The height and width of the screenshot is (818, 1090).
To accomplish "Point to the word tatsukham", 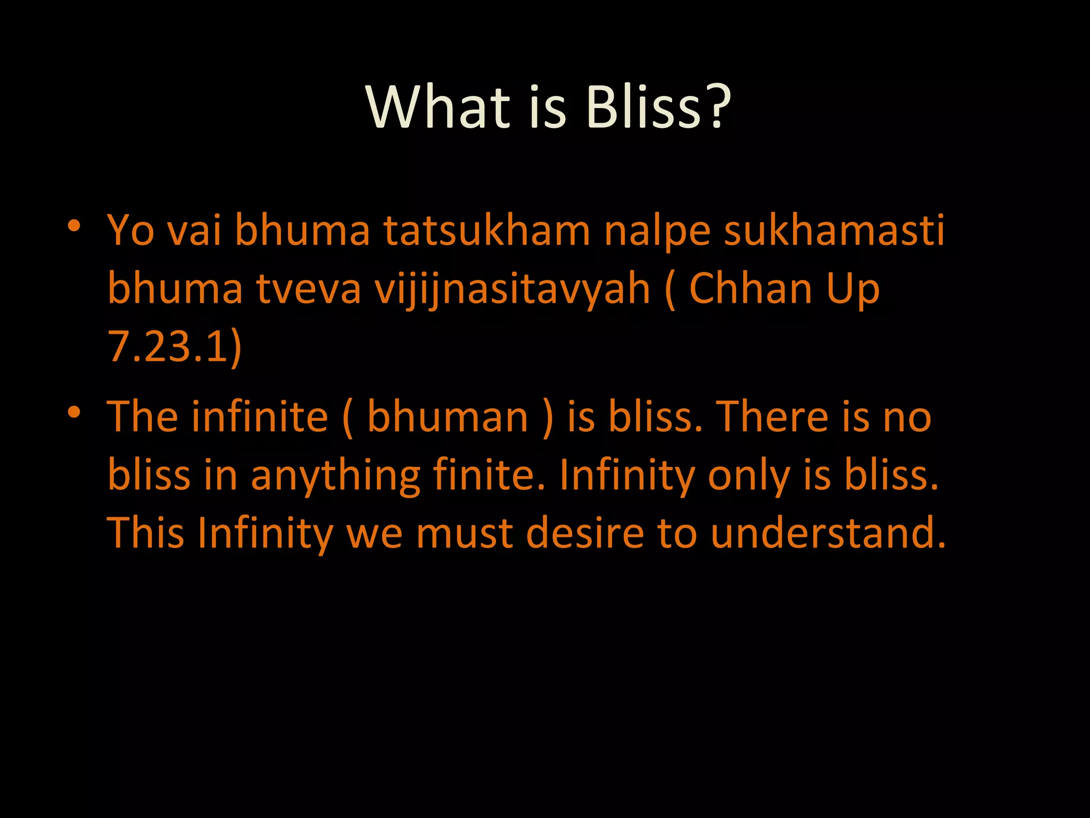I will click(x=486, y=231).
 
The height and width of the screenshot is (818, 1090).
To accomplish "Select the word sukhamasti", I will click(x=834, y=231).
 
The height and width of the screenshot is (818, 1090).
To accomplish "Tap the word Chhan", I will click(x=750, y=289).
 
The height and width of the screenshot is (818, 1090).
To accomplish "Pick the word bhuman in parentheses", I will click(x=447, y=417).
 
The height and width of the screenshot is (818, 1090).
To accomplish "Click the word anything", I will click(x=335, y=476).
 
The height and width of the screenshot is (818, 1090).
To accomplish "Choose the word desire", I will click(x=584, y=533).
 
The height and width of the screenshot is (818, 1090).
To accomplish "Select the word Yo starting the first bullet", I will click(x=131, y=231).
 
